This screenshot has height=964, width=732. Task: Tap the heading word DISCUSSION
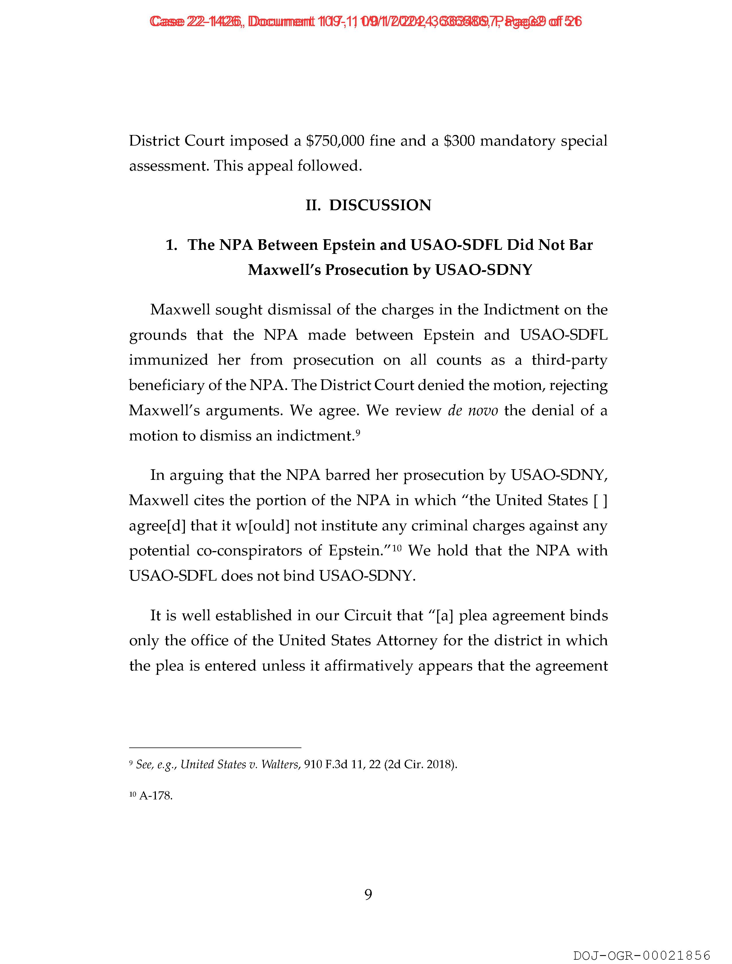(380, 205)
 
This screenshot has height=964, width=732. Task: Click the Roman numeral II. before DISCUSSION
(313, 205)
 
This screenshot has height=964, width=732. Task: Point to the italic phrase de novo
(473, 411)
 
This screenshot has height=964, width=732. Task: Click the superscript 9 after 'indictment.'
(357, 432)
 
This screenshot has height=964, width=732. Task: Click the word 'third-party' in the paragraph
(569, 360)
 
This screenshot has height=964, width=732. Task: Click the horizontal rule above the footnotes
(215, 748)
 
